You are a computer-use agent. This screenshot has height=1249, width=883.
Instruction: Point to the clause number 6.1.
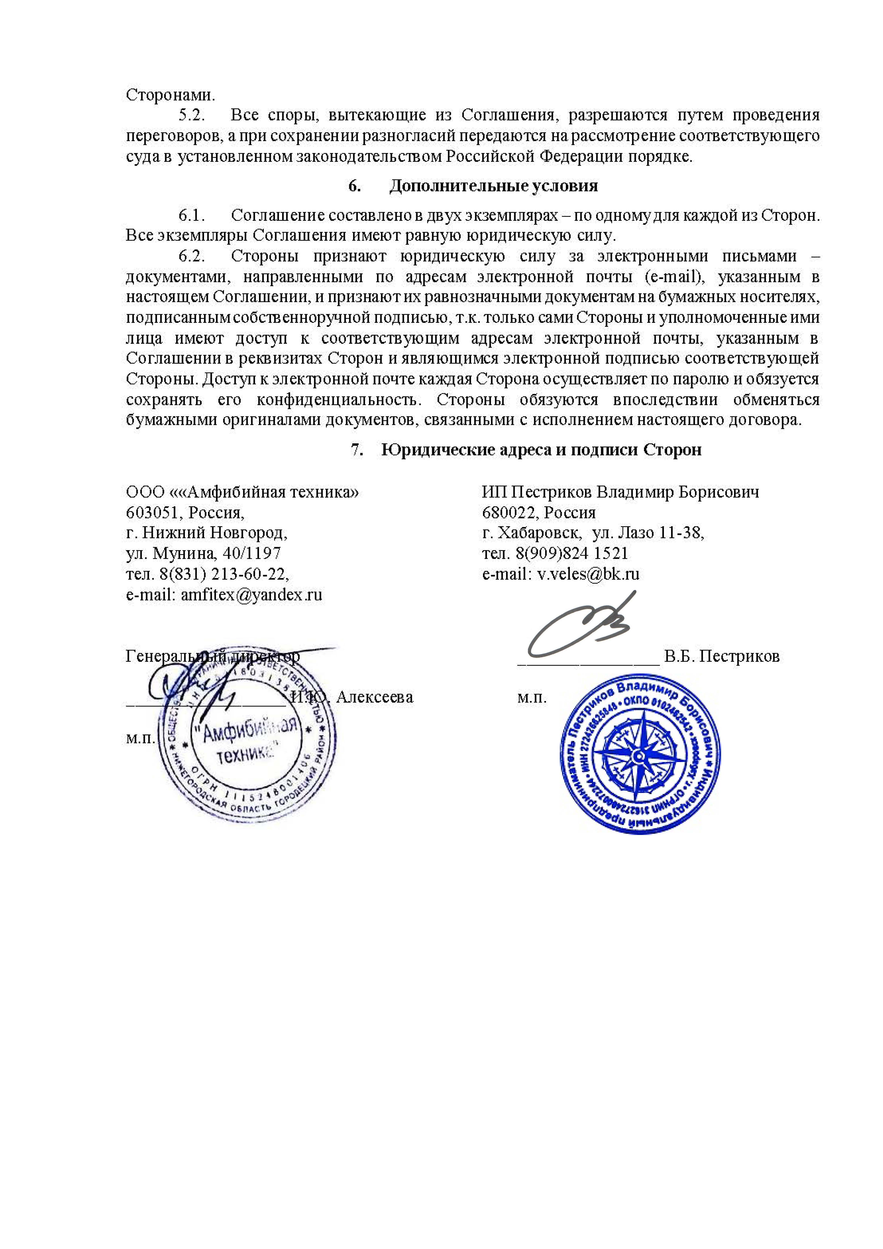tap(192, 215)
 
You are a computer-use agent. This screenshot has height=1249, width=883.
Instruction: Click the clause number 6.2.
tap(192, 256)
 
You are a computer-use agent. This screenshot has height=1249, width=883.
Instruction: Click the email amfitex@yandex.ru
tap(251, 595)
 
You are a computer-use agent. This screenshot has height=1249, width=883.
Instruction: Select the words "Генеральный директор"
tap(212, 657)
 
